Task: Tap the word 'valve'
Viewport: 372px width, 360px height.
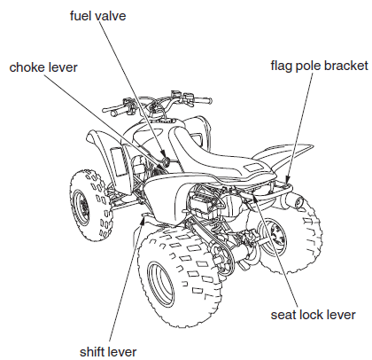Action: tap(123, 16)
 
